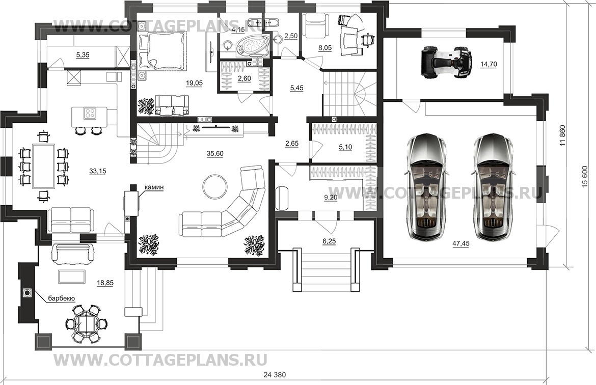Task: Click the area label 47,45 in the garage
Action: tap(461, 244)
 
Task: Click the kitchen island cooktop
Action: tap(89, 113)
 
